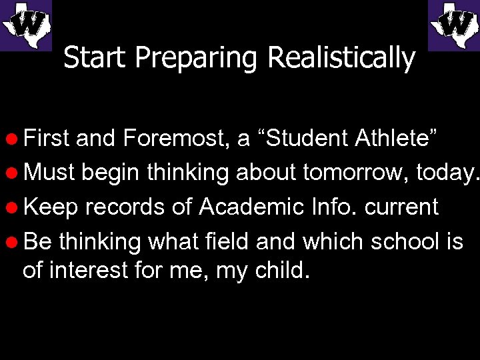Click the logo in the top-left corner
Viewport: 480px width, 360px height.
(x=25, y=25)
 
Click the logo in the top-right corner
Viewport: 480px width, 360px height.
(x=453, y=25)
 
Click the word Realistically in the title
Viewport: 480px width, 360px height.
(x=341, y=59)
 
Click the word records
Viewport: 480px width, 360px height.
(x=125, y=207)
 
